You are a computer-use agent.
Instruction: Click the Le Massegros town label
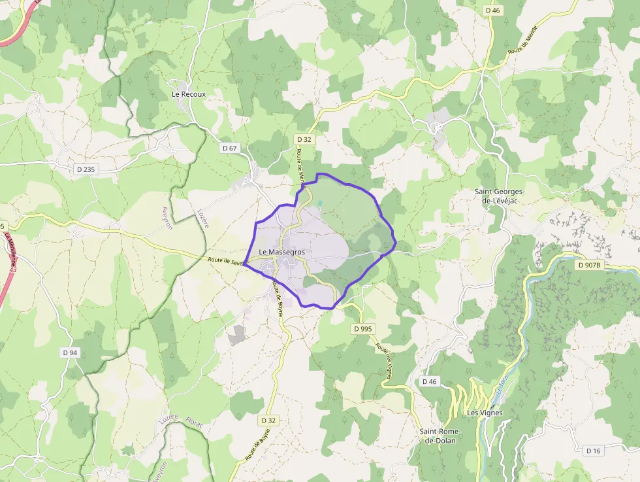point(281,252)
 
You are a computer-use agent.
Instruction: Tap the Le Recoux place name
point(188,94)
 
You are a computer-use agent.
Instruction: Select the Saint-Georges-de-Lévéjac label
point(500,196)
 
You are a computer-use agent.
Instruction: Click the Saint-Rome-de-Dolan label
point(440,436)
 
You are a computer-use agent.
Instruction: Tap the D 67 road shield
point(230,148)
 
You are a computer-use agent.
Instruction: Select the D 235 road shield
point(86,169)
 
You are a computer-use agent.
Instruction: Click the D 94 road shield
point(70,353)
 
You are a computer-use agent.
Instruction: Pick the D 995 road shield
point(364,328)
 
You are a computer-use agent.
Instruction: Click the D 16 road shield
point(593,451)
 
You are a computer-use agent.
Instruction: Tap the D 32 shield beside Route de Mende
point(304,139)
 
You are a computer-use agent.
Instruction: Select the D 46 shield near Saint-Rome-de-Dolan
point(429,381)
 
